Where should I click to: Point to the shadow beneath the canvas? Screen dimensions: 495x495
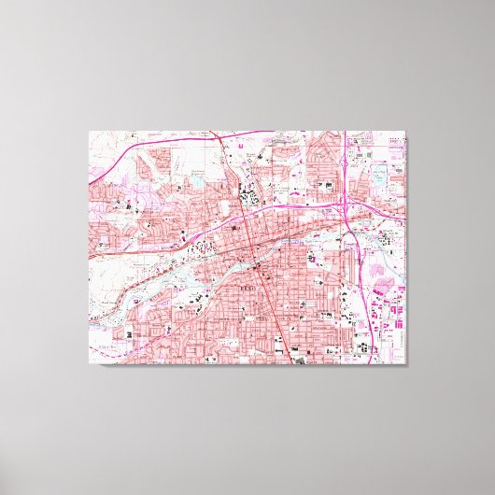(x=247, y=370)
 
